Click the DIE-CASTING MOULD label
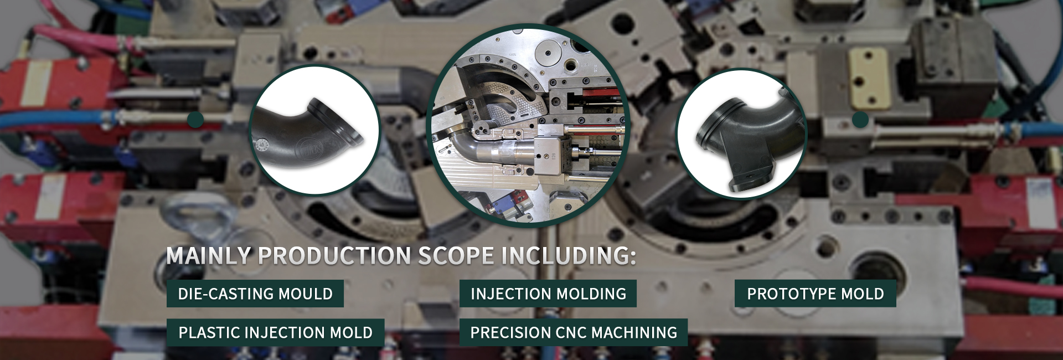pos(255,294)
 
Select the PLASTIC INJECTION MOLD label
pos(275,332)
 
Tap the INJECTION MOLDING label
pos(548,294)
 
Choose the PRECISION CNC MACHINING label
pos(574,332)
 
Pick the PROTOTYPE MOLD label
pos(816,294)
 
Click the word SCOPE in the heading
pos(456,256)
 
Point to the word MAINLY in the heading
pos(209,256)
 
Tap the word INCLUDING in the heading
pos(569,256)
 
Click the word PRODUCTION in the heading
pos(334,256)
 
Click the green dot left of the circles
pos(195,119)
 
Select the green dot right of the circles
pos(860,119)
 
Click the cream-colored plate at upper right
pos(870,78)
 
